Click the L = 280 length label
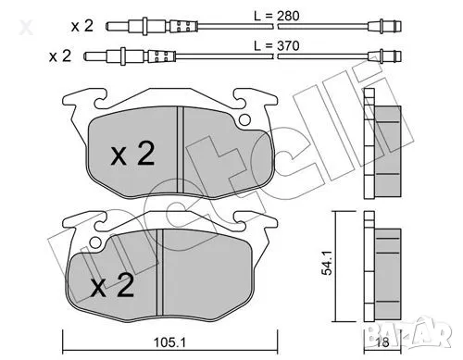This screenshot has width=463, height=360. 281,16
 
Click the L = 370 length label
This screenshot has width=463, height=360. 281,43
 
